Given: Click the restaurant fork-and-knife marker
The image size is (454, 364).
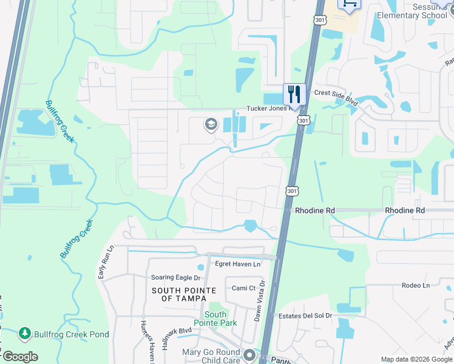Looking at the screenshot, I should pyautogui.click(x=294, y=93).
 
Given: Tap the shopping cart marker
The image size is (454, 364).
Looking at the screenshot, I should pyautogui.click(x=350, y=4).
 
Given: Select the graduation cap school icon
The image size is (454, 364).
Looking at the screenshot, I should pyautogui.click(x=211, y=125).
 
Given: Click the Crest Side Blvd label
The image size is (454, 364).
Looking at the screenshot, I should pyautogui.click(x=336, y=93).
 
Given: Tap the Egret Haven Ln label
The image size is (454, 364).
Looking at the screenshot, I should pyautogui.click(x=238, y=264).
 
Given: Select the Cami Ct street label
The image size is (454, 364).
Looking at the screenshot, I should pyautogui.click(x=243, y=288).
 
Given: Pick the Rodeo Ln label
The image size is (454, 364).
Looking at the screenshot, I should pyautogui.click(x=415, y=285).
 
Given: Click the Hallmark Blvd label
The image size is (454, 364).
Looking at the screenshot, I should pyautogui.click(x=177, y=339).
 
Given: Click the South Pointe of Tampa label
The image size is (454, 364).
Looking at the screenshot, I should pyautogui.click(x=180, y=294).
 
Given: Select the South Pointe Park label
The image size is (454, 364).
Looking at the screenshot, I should pyautogui.click(x=215, y=318).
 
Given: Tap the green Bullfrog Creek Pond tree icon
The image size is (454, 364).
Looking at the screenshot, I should pyautogui.click(x=25, y=333).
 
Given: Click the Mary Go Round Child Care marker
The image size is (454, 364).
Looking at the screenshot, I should pyautogui.click(x=249, y=354).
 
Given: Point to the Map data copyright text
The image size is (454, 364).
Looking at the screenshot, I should pyautogui.click(x=416, y=359).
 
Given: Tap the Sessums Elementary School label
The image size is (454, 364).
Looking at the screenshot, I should pyautogui.click(x=412, y=11).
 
